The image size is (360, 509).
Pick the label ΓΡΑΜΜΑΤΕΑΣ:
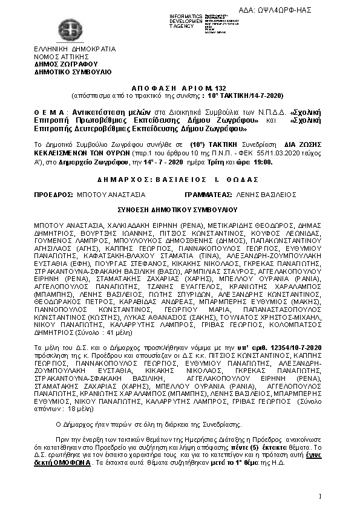[x=206, y=195]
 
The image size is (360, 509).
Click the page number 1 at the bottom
[x=319, y=496]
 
